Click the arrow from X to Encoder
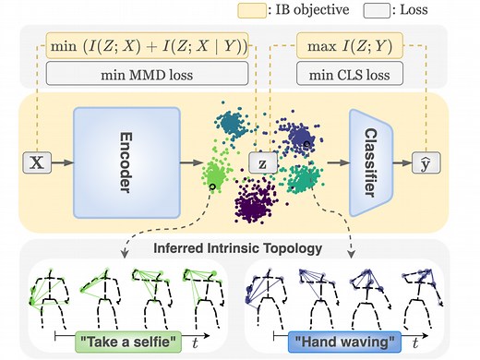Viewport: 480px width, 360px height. click(x=60, y=163)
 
